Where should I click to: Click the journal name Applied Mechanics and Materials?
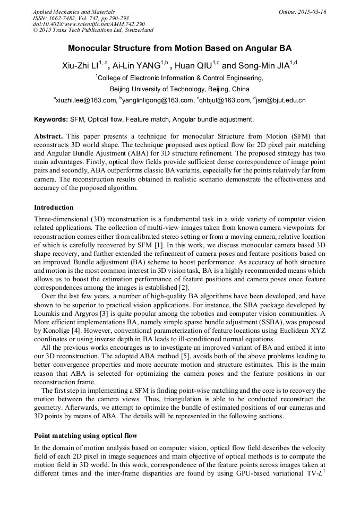[x=74, y=12]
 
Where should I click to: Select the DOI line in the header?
[x=89, y=24]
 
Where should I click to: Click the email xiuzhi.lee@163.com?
[x=85, y=100]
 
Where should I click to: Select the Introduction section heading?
[x=54, y=207]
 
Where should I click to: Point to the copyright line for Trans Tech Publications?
[x=93, y=30]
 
